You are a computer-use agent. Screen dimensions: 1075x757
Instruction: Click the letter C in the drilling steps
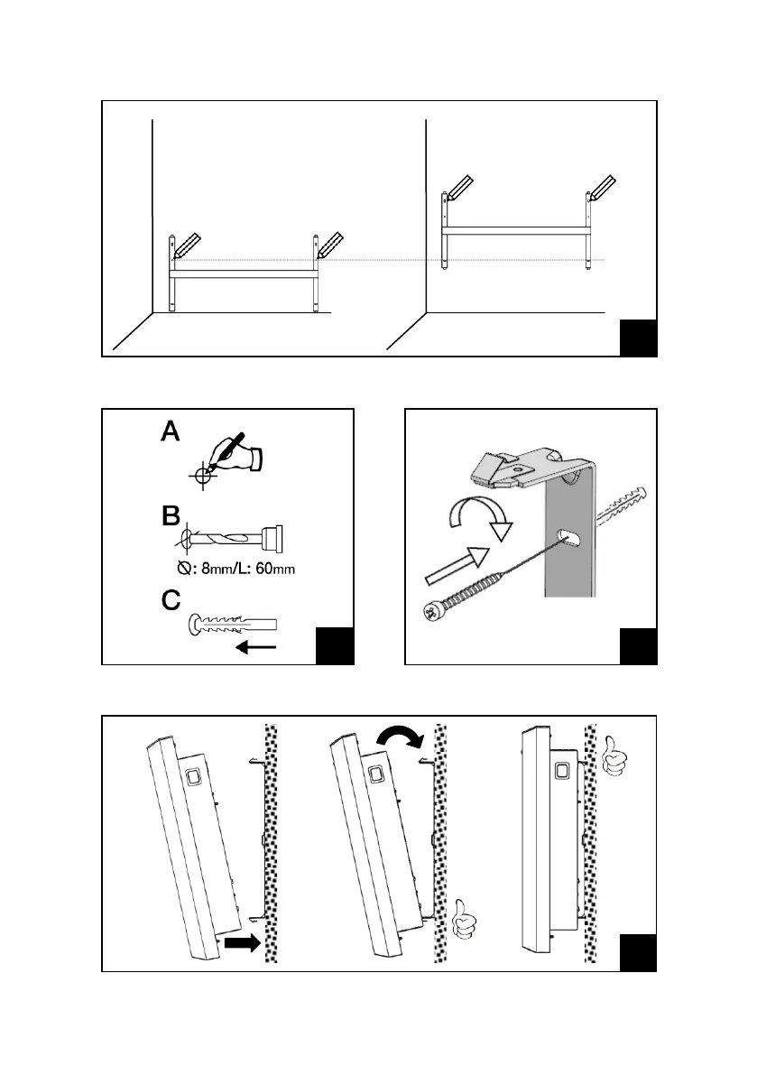pos(171,600)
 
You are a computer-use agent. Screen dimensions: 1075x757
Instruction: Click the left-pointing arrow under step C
pos(255,646)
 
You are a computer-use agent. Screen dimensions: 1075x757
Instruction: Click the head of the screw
pos(431,611)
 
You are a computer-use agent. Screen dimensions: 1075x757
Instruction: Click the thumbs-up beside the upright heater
pos(615,755)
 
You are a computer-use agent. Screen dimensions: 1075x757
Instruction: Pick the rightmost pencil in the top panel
pos(603,188)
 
